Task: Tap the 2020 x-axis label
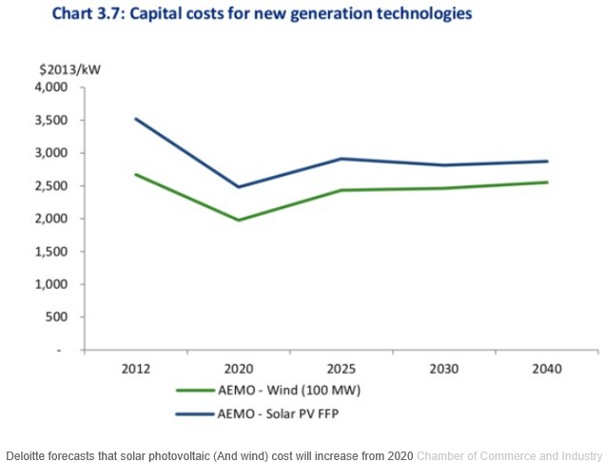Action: point(239,367)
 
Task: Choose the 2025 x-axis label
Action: point(341,367)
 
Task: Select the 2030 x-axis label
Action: point(443,367)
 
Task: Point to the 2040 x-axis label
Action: point(545,367)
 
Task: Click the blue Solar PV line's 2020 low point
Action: point(239,186)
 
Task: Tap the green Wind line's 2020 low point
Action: point(239,221)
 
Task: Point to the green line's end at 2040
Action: point(546,182)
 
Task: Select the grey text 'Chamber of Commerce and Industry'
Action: point(510,452)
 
